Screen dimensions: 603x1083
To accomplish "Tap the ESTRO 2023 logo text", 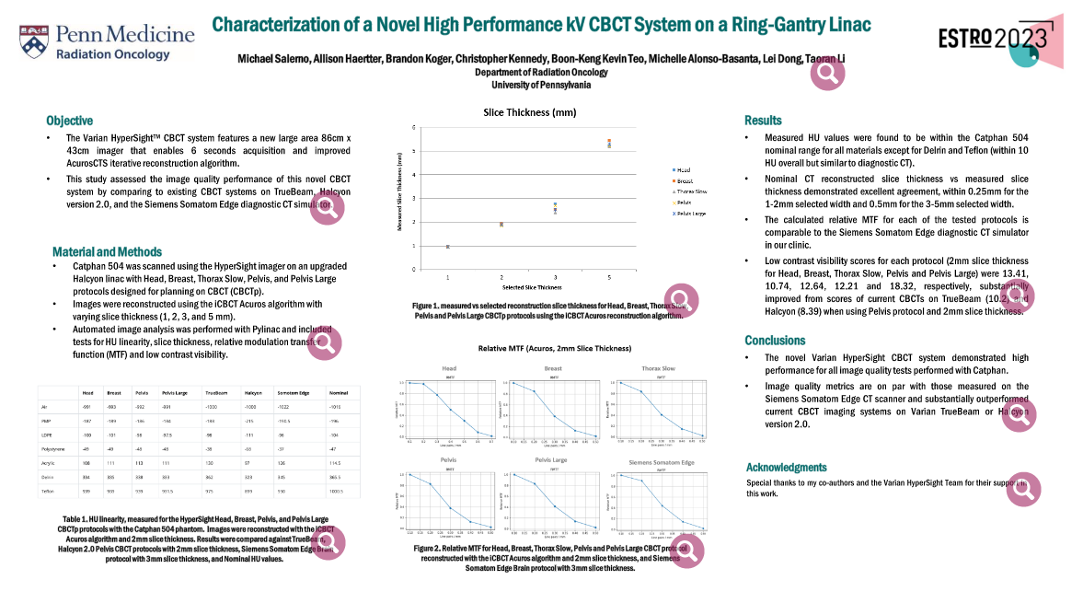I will click(992, 38).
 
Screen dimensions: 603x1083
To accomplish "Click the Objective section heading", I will click(70, 121).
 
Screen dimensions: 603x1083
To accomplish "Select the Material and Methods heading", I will click(107, 251).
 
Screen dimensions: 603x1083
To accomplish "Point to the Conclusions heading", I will click(775, 340).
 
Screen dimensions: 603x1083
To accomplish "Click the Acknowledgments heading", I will click(786, 467).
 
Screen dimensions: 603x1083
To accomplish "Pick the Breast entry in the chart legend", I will click(684, 180).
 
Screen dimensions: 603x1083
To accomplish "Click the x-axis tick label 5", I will click(609, 276).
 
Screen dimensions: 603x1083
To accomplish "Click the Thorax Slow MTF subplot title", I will click(657, 368).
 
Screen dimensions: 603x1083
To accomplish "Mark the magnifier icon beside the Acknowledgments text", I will click(1021, 490).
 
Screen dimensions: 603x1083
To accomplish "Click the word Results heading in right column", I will click(763, 121).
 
